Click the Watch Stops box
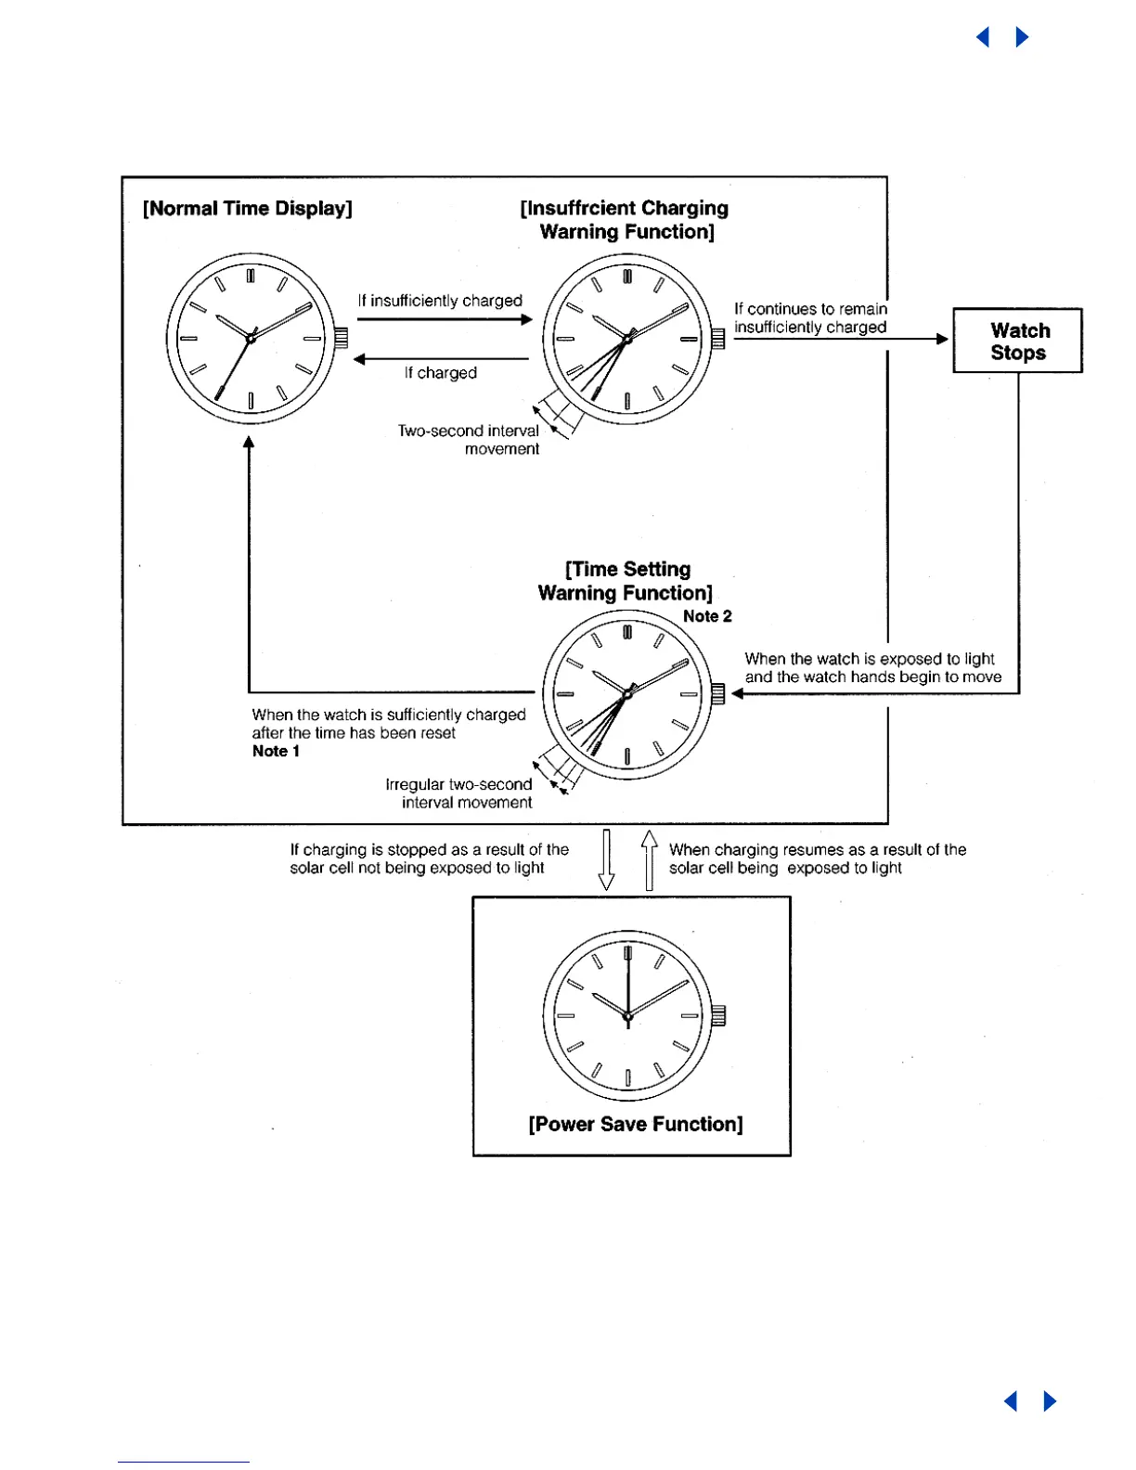tap(1018, 341)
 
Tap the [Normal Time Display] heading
tap(248, 209)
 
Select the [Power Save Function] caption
tap(636, 1125)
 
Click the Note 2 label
tap(707, 616)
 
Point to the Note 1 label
tap(276, 752)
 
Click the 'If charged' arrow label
tap(441, 373)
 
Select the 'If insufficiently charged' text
tap(441, 301)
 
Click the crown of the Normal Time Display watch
tap(341, 339)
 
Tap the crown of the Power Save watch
tap(718, 1016)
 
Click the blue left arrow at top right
tap(984, 37)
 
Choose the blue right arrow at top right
tap(1022, 37)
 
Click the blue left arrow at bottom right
tap(1012, 1400)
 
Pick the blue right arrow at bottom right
tap(1050, 1400)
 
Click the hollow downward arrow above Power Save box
tap(607, 859)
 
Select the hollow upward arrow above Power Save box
tap(649, 859)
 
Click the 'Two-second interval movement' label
tap(469, 440)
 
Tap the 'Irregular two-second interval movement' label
tap(459, 793)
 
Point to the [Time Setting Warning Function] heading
tap(626, 582)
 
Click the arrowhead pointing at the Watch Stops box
tap(942, 340)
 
